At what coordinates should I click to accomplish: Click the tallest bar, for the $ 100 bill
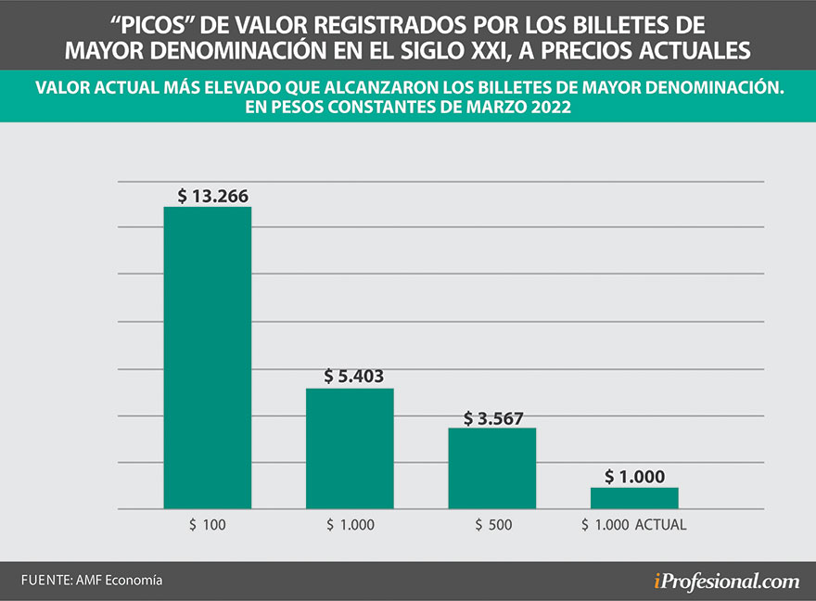pyautogui.click(x=208, y=357)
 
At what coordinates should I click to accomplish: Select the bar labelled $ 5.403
pyautogui.click(x=350, y=448)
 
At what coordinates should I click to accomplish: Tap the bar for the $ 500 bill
pyautogui.click(x=491, y=467)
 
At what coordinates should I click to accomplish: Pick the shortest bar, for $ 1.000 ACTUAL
pyautogui.click(x=634, y=498)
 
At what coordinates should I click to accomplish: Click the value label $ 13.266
pyautogui.click(x=213, y=196)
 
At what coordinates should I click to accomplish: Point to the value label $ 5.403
pyautogui.click(x=354, y=377)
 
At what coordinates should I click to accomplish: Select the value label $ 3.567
pyautogui.click(x=496, y=417)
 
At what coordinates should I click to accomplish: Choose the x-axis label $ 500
pyautogui.click(x=492, y=525)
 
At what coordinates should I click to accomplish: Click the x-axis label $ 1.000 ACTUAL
pyautogui.click(x=634, y=525)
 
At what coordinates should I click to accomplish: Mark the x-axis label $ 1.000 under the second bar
pyautogui.click(x=351, y=525)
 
